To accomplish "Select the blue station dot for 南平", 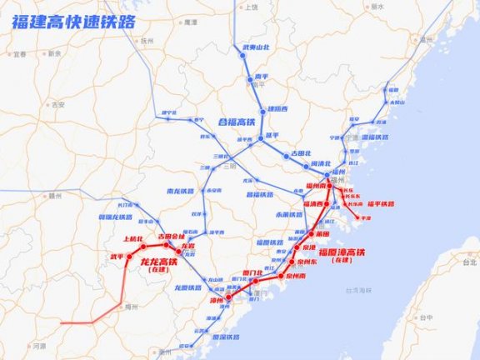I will pos(250,82).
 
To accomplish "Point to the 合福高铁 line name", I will pos(235,122).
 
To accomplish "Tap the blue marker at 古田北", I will pos(286,155).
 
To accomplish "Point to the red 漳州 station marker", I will pos(227,295).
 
